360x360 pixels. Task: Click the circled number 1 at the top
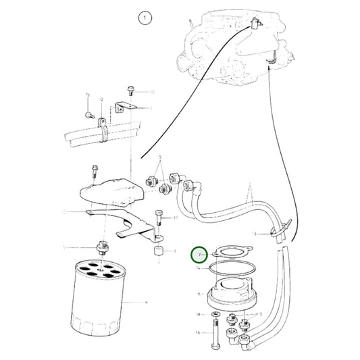143,19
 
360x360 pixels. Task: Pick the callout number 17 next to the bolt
175,218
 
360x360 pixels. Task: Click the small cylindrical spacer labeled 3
159,252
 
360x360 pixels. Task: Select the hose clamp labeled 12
103,128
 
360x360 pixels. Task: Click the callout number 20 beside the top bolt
152,91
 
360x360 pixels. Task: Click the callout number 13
255,233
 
